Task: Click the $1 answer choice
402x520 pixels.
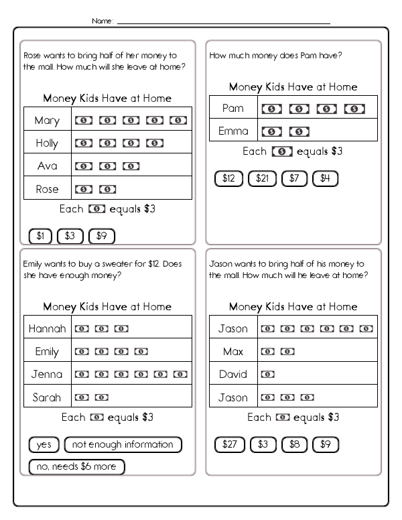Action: [40, 235]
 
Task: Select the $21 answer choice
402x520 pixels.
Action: [262, 178]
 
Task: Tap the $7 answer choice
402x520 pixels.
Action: [293, 178]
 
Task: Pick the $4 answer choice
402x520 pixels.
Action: [325, 178]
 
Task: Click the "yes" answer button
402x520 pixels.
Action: [44, 444]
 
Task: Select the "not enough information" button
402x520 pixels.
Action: [123, 444]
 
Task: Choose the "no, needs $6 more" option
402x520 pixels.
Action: [76, 466]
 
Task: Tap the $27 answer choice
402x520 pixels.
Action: [229, 444]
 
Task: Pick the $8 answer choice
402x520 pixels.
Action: [294, 444]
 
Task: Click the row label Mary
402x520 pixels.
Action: [47, 121]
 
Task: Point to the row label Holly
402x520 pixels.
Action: [47, 143]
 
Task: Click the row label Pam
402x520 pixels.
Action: [232, 109]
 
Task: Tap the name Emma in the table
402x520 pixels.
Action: [233, 131]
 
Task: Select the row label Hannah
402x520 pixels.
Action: [48, 329]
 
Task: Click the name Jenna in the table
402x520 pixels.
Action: [47, 375]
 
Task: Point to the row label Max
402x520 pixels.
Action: [232, 352]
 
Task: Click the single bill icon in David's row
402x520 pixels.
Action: [267, 375]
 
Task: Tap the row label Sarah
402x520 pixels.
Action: [47, 397]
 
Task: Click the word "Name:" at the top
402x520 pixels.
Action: [103, 22]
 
